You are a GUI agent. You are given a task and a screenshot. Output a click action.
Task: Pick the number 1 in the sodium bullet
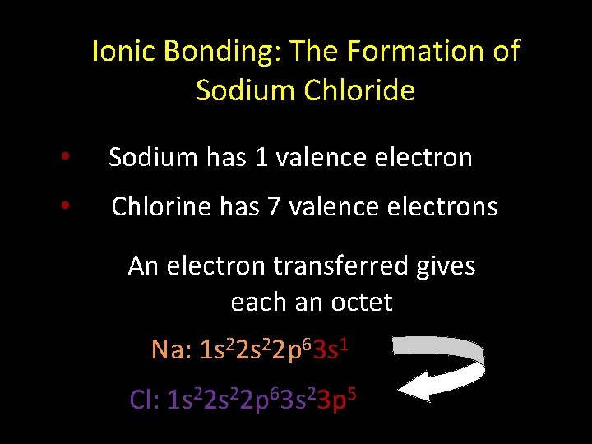(261, 156)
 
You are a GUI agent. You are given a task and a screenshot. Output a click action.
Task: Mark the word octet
(358, 302)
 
